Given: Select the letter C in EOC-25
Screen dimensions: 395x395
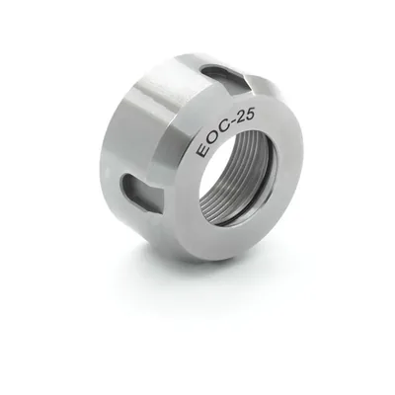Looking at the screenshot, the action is [x=220, y=129].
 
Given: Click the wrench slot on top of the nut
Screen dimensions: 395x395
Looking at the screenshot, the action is [x=227, y=76].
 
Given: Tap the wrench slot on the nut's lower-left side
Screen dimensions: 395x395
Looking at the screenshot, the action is [x=142, y=190].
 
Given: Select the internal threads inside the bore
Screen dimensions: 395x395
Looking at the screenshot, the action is [x=244, y=185].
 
